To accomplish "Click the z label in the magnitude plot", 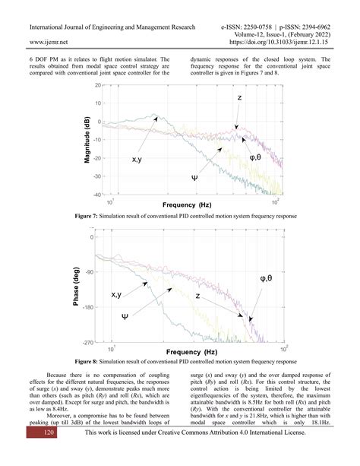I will click(240, 99).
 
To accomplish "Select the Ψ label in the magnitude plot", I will click(194, 177).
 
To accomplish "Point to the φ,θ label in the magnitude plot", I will click(261, 157).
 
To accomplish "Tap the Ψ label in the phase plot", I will click(125, 314).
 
